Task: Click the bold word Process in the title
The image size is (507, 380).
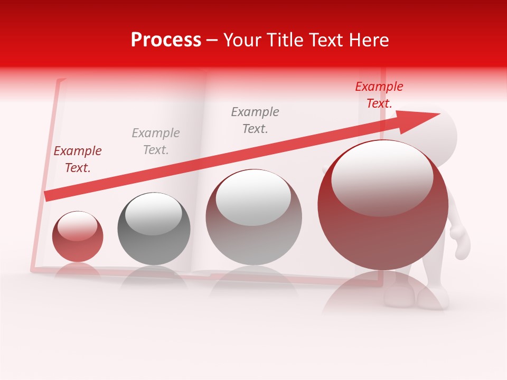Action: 166,40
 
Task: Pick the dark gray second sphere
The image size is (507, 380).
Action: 154,229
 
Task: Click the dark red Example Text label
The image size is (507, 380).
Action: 78,159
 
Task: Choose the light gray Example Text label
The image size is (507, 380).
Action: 156,141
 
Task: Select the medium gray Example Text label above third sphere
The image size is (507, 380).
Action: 255,120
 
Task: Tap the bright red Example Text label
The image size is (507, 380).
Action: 379,95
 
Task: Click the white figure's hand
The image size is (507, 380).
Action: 461,240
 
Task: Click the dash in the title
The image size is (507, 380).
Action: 212,41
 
